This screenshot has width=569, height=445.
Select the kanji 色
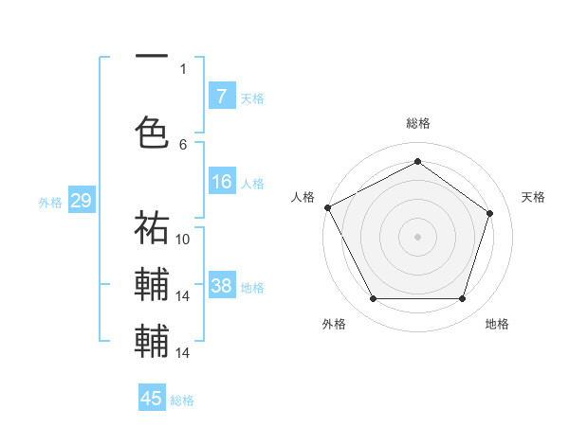(x=152, y=131)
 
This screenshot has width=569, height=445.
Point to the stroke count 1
(x=183, y=68)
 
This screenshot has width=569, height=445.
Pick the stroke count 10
(x=184, y=239)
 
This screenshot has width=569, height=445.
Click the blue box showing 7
(x=221, y=96)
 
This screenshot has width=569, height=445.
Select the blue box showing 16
(x=221, y=183)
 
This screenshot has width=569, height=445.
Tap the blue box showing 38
(x=221, y=287)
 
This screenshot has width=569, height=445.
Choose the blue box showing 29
(x=81, y=201)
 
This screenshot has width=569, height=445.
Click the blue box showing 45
(x=152, y=399)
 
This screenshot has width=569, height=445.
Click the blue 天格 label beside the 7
(x=252, y=98)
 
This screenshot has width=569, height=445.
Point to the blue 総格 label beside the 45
(x=182, y=400)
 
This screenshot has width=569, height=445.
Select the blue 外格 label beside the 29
(x=50, y=202)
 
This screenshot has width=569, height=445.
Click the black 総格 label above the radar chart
(x=417, y=123)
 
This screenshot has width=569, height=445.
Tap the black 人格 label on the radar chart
(x=303, y=197)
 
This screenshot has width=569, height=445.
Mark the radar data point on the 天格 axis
(x=490, y=213)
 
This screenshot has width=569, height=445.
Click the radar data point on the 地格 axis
(x=462, y=299)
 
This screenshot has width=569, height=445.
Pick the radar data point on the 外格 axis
(x=373, y=299)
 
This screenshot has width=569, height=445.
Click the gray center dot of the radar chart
(x=417, y=236)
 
